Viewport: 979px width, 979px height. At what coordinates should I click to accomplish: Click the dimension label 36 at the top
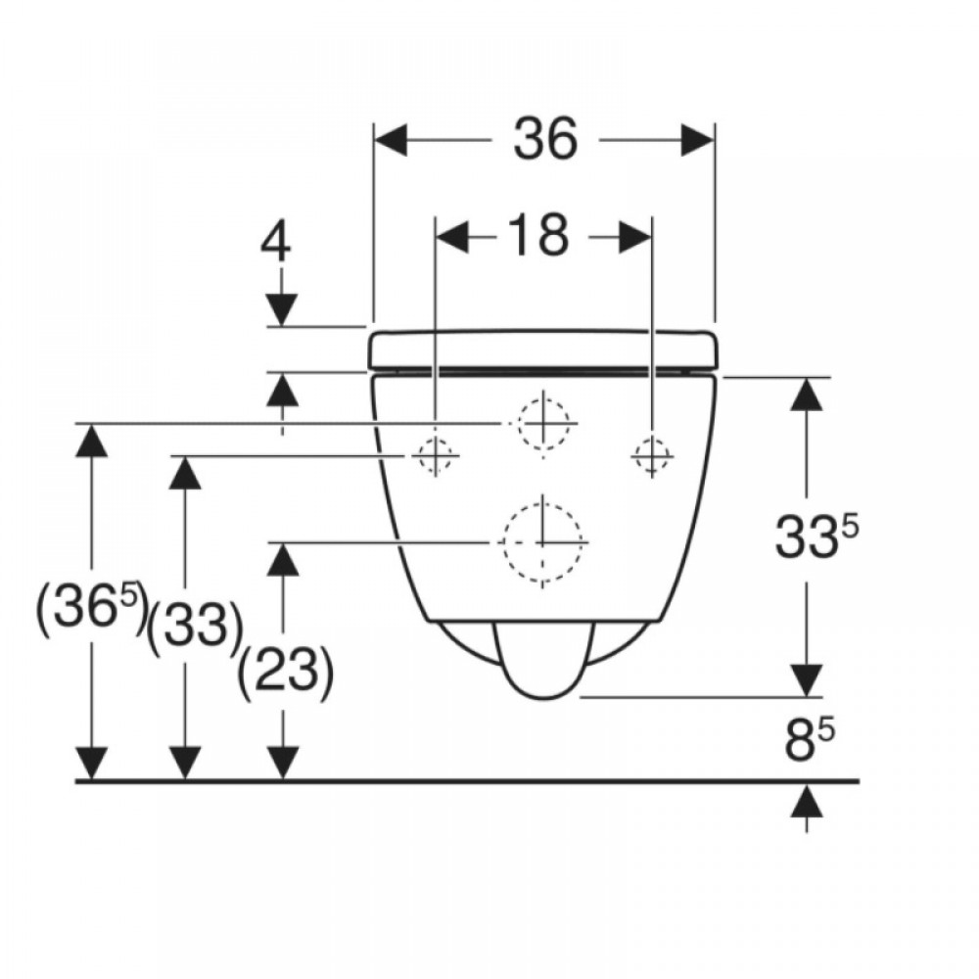click(x=544, y=139)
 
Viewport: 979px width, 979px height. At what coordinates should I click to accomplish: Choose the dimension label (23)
click(x=286, y=675)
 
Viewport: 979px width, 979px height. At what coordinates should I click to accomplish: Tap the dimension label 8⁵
click(x=810, y=740)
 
